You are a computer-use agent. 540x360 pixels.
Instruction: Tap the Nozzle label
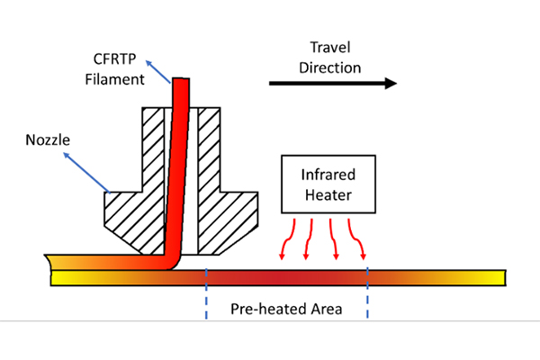(x=42, y=141)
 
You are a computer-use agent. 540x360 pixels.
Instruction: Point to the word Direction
(x=330, y=67)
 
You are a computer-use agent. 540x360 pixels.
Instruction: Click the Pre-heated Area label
(x=287, y=308)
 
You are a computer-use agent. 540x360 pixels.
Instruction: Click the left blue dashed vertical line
(x=207, y=292)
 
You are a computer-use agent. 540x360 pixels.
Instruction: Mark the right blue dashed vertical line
(x=367, y=292)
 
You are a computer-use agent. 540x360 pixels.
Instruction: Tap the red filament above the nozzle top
(x=181, y=92)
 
